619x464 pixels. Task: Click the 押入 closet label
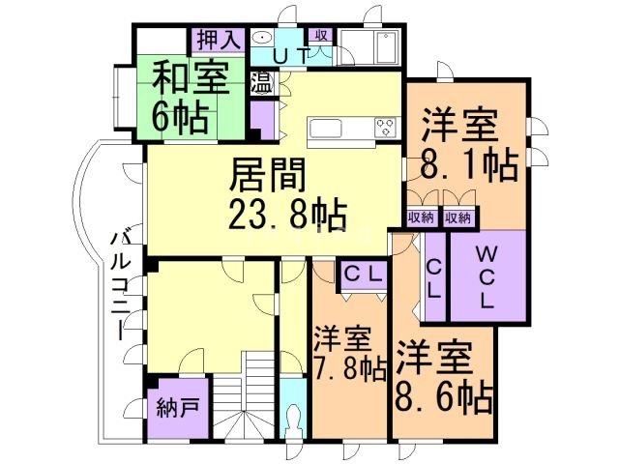tap(218, 41)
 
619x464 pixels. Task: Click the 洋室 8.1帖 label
tap(465, 145)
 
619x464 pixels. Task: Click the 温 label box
tap(262, 81)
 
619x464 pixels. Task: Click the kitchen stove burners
tap(385, 127)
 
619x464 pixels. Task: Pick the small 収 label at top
tap(322, 36)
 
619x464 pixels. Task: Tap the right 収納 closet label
tap(458, 218)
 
